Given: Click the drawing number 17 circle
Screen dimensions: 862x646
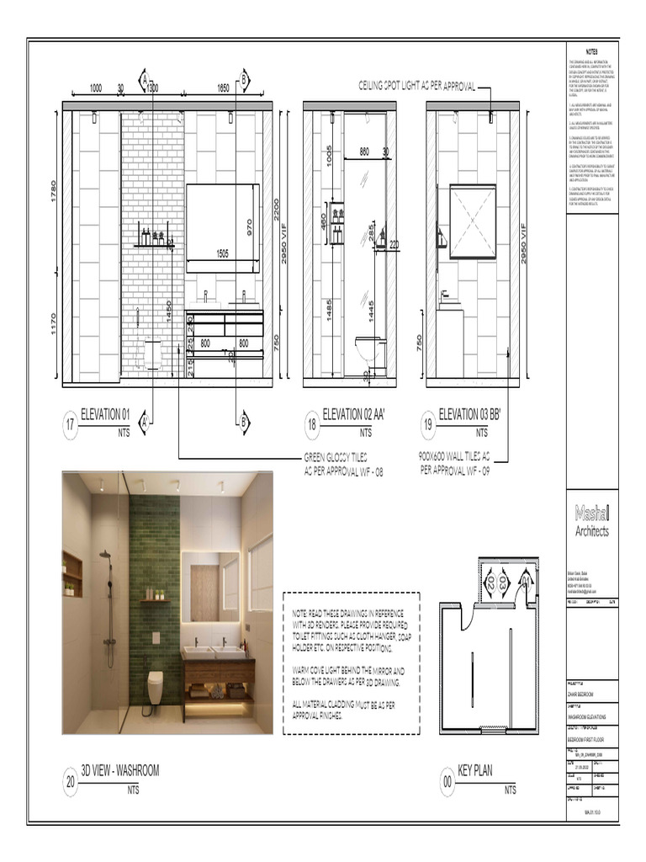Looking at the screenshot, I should tap(70, 426).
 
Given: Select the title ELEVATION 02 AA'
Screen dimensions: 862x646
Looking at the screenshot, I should tap(363, 414).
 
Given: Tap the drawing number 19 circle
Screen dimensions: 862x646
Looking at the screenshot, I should tap(428, 426).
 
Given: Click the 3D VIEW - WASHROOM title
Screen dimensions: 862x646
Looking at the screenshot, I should tap(119, 770).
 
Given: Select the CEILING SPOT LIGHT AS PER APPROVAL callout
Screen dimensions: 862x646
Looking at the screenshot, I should tap(417, 86).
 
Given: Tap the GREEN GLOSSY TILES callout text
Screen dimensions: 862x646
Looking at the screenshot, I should tap(343, 465).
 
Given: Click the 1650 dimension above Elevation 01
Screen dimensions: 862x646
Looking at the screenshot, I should tap(223, 88).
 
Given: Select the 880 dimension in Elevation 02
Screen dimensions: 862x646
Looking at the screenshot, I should tap(364, 152).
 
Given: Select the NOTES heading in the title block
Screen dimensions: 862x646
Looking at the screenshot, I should tap(593, 52).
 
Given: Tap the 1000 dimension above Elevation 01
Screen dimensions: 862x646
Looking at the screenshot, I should tap(95, 88).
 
